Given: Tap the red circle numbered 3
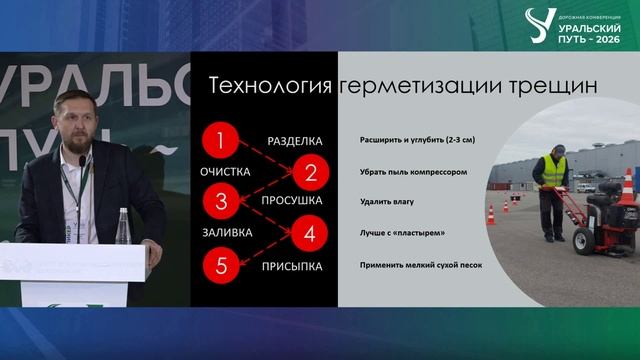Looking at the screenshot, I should (222, 202).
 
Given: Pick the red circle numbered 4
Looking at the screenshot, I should (310, 235).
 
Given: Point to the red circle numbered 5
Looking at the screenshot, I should (222, 266).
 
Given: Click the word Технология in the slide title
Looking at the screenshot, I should (269, 87).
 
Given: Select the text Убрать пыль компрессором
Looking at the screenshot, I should (414, 172).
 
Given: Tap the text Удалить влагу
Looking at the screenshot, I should (388, 202).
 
